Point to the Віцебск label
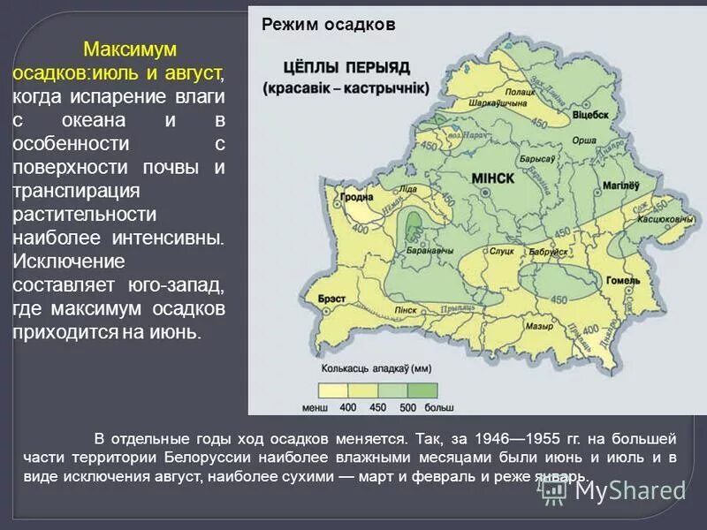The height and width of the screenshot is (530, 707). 590,115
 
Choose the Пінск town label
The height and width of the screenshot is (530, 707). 407,310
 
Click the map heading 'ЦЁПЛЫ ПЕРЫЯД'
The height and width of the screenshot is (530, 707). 345,66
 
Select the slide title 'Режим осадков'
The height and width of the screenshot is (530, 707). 327,26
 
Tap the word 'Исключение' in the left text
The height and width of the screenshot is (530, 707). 68,262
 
